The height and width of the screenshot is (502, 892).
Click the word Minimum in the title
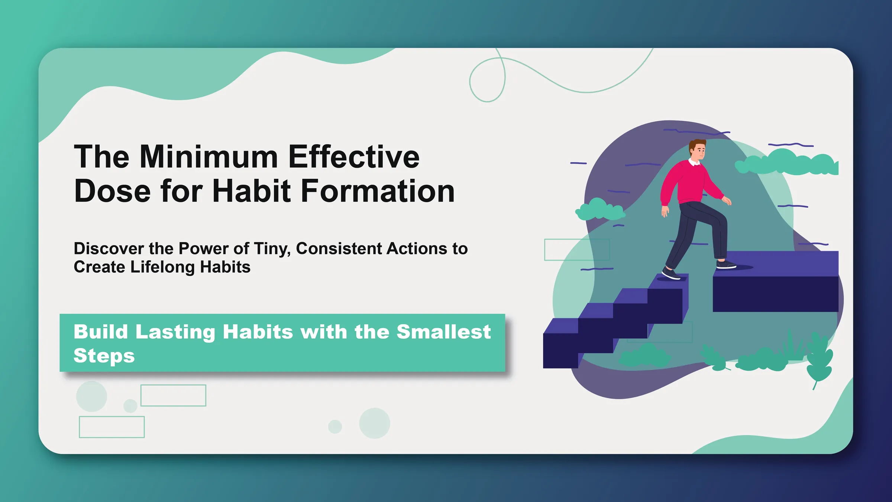pyautogui.click(x=209, y=157)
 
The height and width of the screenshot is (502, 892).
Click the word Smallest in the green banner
pyautogui.click(x=443, y=332)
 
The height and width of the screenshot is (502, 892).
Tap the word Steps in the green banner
pyautogui.click(x=104, y=356)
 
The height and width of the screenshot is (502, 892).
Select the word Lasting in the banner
pyautogui.click(x=175, y=332)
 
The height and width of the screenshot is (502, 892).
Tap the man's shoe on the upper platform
pyautogui.click(x=726, y=265)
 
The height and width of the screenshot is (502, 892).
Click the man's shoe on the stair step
pyautogui.click(x=671, y=274)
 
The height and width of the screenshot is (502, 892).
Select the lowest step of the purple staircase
pyautogui.click(x=560, y=344)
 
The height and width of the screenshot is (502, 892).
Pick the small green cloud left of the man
pyautogui.click(x=599, y=210)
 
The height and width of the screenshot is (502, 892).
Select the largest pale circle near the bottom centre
pyautogui.click(x=374, y=423)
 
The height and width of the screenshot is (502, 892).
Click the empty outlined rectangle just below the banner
pyautogui.click(x=173, y=395)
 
